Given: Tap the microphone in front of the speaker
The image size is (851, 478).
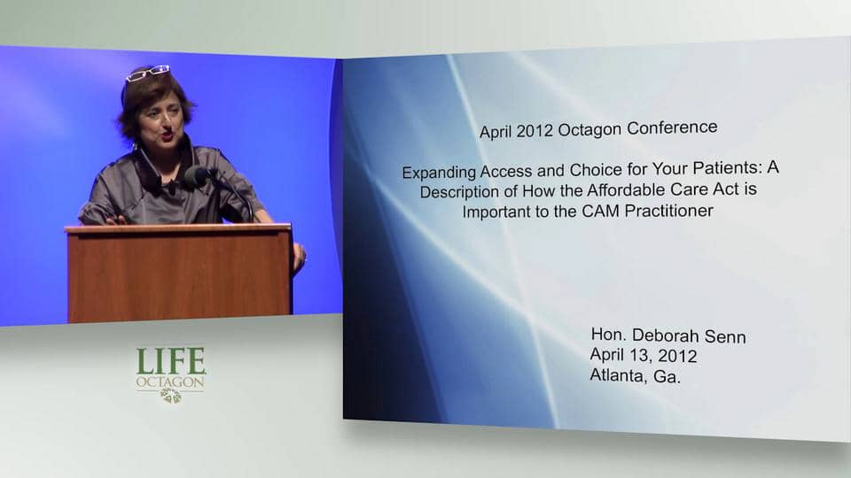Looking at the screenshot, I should (x=198, y=174).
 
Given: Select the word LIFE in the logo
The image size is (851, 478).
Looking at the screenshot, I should (x=171, y=360).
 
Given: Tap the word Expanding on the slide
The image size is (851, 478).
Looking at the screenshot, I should (x=440, y=173).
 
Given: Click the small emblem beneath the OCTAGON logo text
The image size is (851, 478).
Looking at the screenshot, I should (x=171, y=395).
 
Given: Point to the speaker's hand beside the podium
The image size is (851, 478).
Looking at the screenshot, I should (x=299, y=256).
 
